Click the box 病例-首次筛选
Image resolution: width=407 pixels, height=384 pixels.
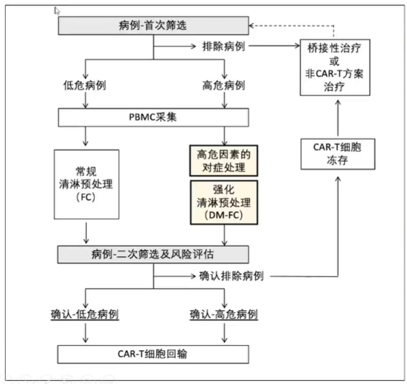[x=153, y=26]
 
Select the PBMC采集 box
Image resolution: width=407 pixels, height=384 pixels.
[x=153, y=118]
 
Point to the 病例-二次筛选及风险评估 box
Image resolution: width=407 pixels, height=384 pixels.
[x=153, y=253]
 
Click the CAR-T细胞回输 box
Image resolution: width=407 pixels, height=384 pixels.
[x=153, y=354]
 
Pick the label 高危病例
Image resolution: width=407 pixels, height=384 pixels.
[x=224, y=85]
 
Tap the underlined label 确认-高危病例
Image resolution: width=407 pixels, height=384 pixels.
[x=224, y=315]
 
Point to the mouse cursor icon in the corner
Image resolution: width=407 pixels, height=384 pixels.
[x=58, y=10]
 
